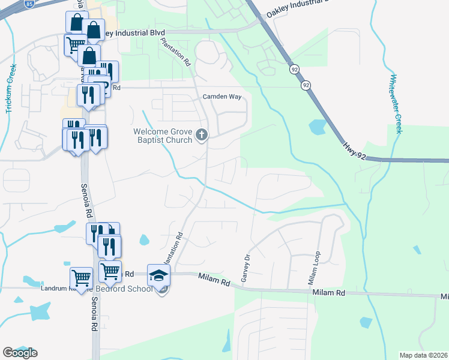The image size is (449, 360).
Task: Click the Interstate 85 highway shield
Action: pos(29,3)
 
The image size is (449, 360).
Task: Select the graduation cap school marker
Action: pos(158,275)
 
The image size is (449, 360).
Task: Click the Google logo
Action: pos(20,353)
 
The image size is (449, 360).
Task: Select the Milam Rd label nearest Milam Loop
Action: pos(328,293)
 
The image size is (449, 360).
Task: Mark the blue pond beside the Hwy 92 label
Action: pos(316,127)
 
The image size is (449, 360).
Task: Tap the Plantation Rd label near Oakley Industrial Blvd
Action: pos(176,53)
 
